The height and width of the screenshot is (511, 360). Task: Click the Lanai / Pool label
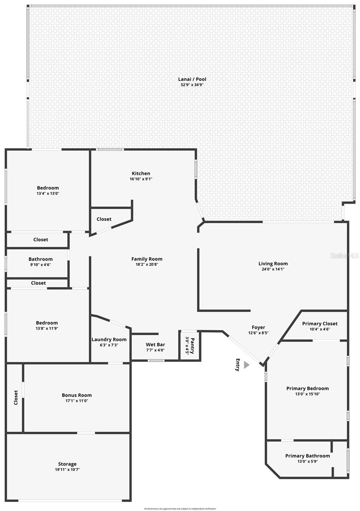[x=192, y=79]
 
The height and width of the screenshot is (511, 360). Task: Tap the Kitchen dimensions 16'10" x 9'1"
[x=141, y=179]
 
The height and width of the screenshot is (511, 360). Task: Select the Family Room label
[x=147, y=259]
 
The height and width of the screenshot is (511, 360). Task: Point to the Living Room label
[x=273, y=264]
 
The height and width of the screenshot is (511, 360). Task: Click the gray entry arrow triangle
[x=246, y=365]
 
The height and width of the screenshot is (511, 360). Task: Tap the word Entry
[x=238, y=365]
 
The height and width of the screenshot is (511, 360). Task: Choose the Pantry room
[x=190, y=345]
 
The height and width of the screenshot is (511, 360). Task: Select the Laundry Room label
[x=109, y=339]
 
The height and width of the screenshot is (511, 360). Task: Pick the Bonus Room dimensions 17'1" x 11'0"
[x=77, y=401]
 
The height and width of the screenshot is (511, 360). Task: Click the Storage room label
[x=67, y=464]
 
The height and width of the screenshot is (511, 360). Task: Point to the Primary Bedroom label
[x=307, y=388]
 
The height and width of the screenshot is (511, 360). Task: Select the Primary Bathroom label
[x=307, y=456]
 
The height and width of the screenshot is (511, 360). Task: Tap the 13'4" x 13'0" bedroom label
[x=48, y=193]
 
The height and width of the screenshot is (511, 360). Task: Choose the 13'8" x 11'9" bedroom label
[x=47, y=328]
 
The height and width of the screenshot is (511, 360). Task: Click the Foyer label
[x=258, y=327]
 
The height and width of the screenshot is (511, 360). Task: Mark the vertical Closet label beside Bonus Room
[x=16, y=397]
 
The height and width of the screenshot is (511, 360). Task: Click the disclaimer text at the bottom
[x=180, y=508]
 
